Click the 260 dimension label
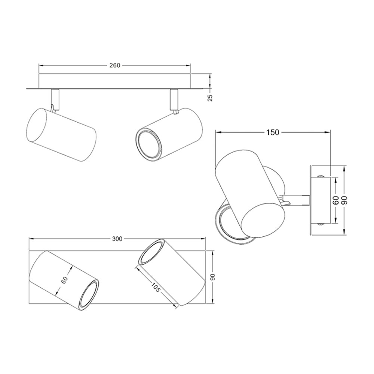(x=115, y=65)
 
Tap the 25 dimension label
(x=210, y=98)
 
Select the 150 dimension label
(x=273, y=132)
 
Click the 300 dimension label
(x=117, y=239)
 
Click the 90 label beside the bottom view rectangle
(x=213, y=277)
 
